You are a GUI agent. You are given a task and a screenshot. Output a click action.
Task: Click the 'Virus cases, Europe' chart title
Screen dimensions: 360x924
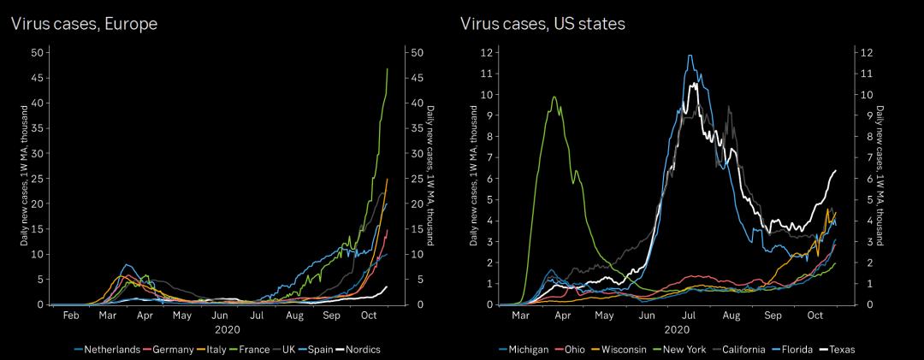point(84,24)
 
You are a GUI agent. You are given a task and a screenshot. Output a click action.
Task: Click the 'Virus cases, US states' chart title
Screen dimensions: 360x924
point(542,24)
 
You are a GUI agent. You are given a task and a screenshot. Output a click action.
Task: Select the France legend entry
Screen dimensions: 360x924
point(254,349)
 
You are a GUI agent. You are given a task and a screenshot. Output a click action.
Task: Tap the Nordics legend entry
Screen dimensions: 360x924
point(359,349)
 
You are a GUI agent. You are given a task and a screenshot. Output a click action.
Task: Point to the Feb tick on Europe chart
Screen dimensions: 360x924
point(71,316)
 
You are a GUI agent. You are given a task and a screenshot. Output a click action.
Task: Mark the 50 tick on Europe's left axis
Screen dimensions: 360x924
point(36,53)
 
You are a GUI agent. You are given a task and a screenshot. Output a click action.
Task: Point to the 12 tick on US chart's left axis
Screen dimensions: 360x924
point(487,53)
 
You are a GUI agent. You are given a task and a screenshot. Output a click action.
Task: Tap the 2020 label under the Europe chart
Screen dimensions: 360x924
point(221,329)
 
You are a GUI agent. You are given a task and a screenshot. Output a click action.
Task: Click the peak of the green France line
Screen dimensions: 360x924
point(388,68)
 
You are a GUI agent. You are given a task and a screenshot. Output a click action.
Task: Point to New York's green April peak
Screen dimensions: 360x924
point(554,97)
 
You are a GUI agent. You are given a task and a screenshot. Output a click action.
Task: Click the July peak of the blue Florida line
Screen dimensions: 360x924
point(690,56)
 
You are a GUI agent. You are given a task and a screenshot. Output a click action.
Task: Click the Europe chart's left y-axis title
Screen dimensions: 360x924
point(25,179)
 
